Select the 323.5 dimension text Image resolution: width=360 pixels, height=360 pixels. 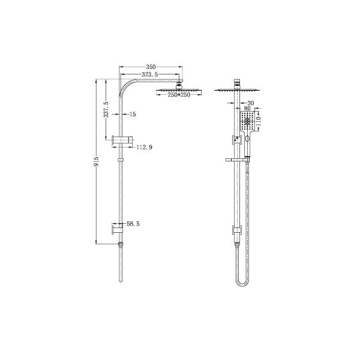pos(150,74)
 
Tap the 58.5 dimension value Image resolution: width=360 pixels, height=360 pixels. pos(133,223)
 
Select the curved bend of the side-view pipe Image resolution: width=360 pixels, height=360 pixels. pos(127,85)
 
